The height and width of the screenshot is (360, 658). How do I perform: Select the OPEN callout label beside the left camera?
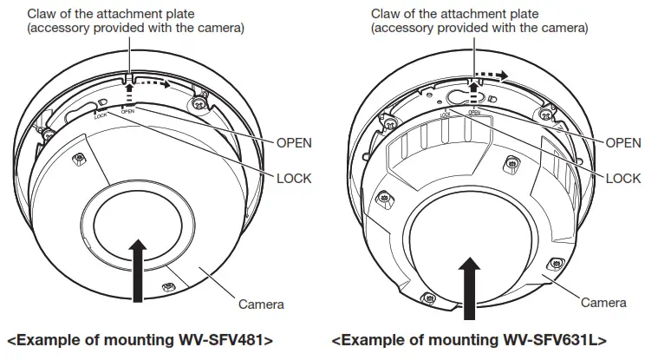(293, 142)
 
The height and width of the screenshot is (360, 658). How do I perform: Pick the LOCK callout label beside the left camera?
(293, 178)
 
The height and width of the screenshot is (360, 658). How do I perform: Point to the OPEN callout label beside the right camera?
(622, 142)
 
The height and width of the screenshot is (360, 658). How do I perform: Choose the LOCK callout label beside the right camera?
(622, 178)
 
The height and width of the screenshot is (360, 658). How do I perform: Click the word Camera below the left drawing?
(260, 304)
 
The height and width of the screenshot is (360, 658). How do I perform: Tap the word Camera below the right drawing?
(603, 303)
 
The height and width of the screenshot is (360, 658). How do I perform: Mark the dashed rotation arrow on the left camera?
(150, 85)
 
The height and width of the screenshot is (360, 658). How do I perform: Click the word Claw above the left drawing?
(42, 14)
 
